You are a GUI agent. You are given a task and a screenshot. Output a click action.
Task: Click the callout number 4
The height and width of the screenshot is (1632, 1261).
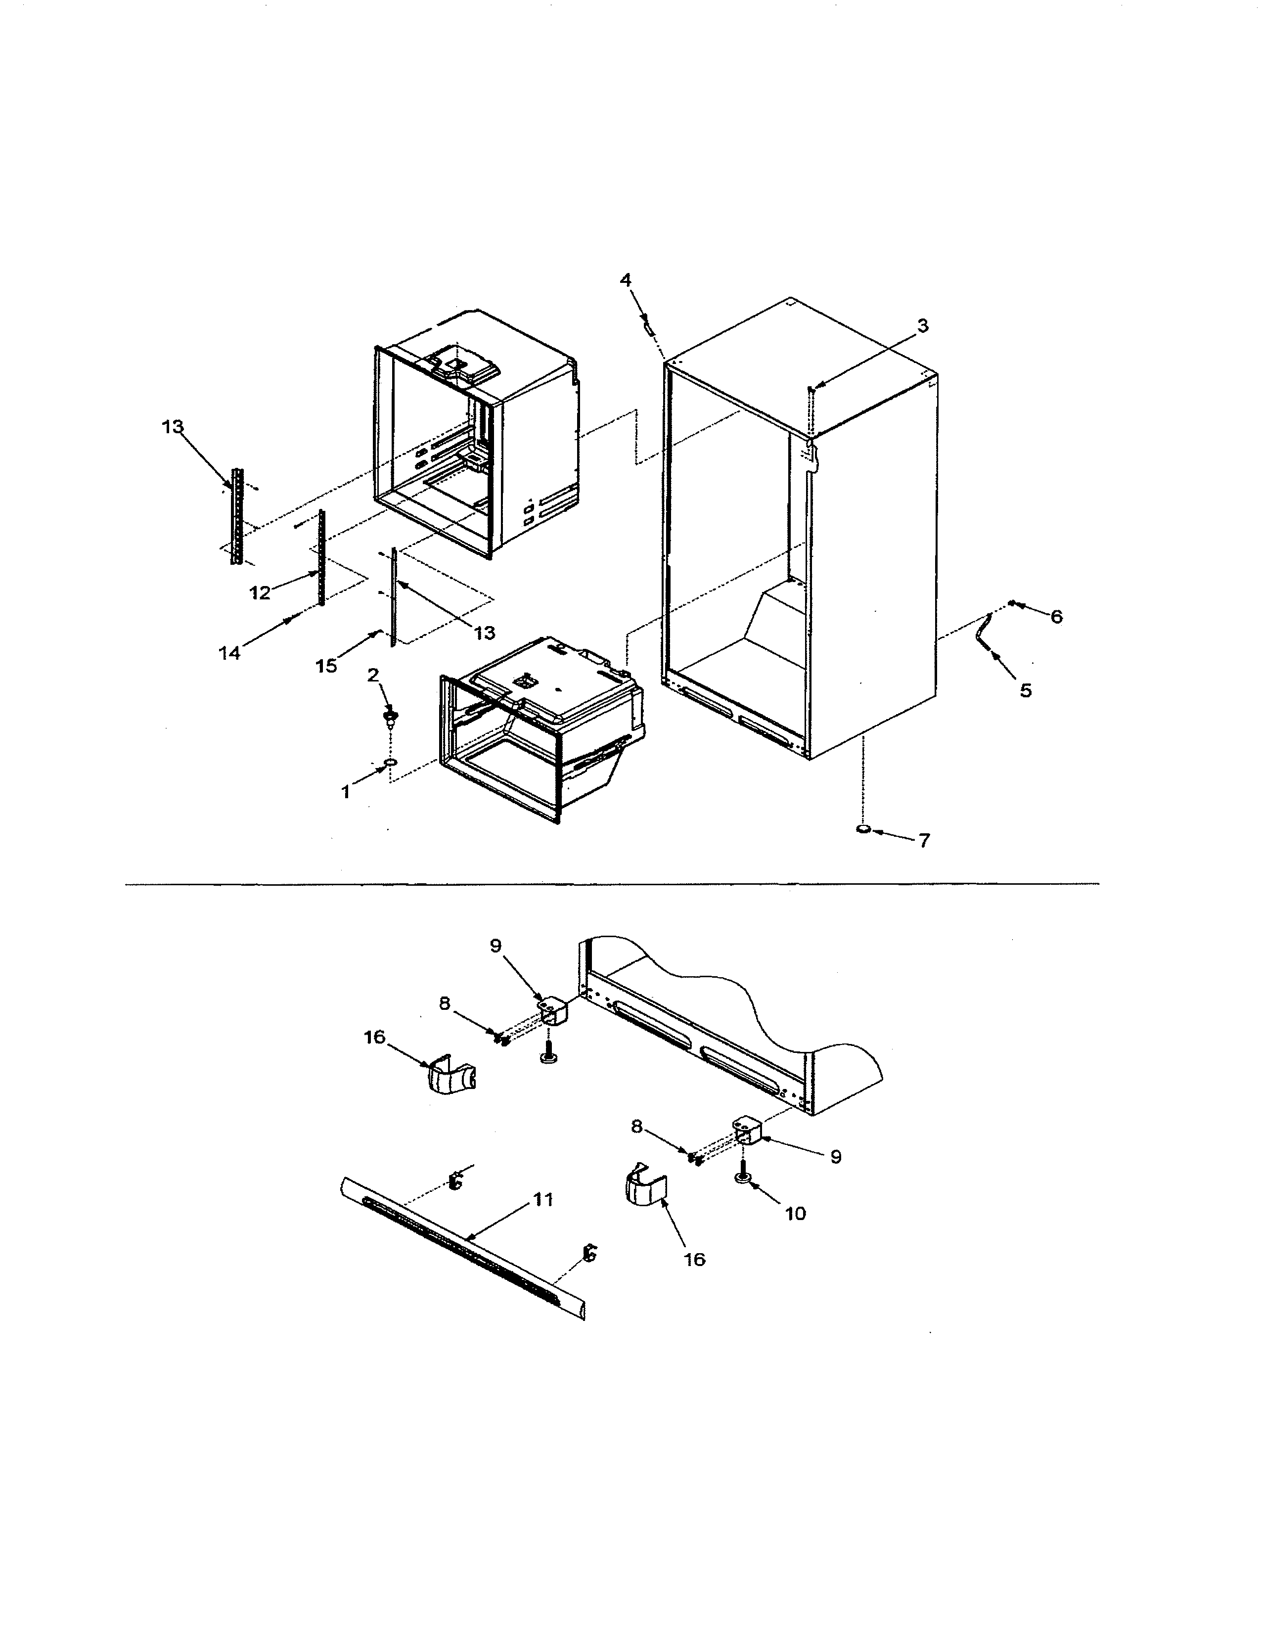pyautogui.click(x=625, y=280)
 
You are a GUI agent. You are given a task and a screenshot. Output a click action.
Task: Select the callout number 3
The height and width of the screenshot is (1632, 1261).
pyautogui.click(x=923, y=326)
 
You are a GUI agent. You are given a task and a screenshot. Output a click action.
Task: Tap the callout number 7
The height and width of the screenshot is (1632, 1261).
pyautogui.click(x=924, y=841)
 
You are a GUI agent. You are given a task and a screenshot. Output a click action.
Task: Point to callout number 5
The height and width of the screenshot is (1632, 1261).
pyautogui.click(x=1026, y=690)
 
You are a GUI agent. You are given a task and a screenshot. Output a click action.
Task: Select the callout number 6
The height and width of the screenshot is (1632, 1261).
pyautogui.click(x=1056, y=617)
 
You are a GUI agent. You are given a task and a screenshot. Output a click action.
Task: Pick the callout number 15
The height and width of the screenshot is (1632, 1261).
pyautogui.click(x=326, y=666)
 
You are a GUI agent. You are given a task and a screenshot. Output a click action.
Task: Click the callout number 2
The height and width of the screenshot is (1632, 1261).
pyautogui.click(x=373, y=675)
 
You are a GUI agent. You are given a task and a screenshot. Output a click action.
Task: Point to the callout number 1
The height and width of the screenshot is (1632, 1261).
pyautogui.click(x=346, y=793)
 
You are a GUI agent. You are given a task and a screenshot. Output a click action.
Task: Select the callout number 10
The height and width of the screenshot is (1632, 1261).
pyautogui.click(x=796, y=1214)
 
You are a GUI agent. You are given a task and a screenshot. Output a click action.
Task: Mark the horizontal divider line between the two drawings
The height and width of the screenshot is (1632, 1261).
pyautogui.click(x=613, y=885)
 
